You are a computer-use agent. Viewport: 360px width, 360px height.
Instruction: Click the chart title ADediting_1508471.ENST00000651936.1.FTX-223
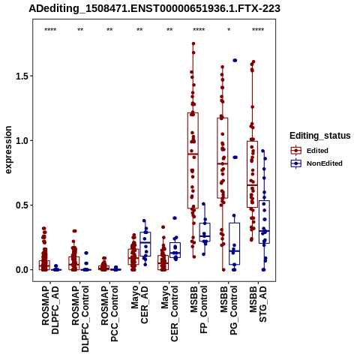click(154, 8)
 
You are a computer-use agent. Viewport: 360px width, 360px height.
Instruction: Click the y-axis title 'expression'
click(8, 150)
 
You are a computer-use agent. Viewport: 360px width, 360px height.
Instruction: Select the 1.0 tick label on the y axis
click(22, 140)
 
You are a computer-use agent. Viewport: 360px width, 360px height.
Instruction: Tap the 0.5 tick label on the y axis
click(22, 205)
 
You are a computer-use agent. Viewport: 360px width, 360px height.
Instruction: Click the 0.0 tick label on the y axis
click(22, 270)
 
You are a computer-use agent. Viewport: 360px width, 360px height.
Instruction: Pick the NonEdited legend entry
click(316, 163)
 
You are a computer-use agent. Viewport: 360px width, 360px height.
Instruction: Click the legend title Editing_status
click(320, 136)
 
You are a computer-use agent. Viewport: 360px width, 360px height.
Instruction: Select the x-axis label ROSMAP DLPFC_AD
click(50, 310)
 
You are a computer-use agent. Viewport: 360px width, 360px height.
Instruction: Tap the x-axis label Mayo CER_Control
click(169, 313)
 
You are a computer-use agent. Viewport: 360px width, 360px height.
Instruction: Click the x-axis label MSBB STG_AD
click(258, 304)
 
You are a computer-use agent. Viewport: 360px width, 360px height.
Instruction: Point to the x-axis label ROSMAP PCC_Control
click(109, 313)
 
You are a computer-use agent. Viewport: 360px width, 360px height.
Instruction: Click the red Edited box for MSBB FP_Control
click(193, 160)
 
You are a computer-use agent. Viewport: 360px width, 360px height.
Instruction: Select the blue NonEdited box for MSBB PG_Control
click(234, 244)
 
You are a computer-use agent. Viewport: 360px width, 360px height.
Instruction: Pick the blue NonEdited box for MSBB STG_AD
click(264, 222)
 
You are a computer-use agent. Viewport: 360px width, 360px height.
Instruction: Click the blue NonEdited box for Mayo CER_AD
click(145, 244)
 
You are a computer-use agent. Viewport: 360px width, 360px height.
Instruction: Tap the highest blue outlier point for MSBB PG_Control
click(235, 61)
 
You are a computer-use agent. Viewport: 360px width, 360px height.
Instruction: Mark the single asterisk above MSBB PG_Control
click(229, 30)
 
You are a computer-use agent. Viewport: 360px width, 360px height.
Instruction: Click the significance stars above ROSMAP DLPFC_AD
click(50, 30)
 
